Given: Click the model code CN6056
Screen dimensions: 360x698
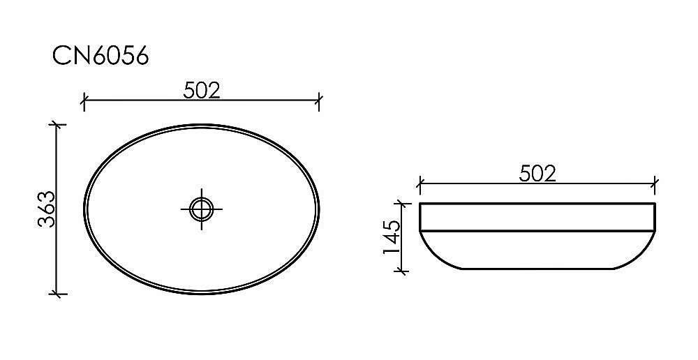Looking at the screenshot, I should pyautogui.click(x=101, y=56).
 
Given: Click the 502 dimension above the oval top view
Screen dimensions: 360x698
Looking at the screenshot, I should pyautogui.click(x=202, y=90).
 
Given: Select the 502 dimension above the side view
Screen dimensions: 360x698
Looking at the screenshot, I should pyautogui.click(x=537, y=173).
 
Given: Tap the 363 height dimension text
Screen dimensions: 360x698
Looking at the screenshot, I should pyautogui.click(x=46, y=209).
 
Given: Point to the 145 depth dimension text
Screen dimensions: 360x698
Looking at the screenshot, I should pyautogui.click(x=391, y=237).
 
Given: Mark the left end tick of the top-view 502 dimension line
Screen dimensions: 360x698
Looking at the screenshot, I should pyautogui.click(x=83, y=101).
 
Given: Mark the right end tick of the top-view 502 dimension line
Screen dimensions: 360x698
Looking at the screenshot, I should pyautogui.click(x=319, y=101).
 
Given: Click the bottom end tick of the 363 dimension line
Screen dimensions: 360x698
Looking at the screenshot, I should pyautogui.click(x=57, y=294).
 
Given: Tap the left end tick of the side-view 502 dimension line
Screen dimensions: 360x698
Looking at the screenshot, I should pyautogui.click(x=419, y=184).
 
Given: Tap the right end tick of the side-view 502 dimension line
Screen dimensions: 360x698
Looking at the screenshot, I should pyautogui.click(x=655, y=184).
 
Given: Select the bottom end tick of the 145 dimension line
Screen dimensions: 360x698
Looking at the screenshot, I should pyautogui.click(x=402, y=269).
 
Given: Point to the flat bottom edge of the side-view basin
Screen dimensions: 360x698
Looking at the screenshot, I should pyautogui.click(x=537, y=269).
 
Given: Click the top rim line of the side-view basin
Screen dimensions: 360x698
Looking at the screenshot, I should pyautogui.click(x=537, y=203).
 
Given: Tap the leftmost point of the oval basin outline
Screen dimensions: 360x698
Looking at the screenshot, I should pyautogui.click(x=84, y=208).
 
